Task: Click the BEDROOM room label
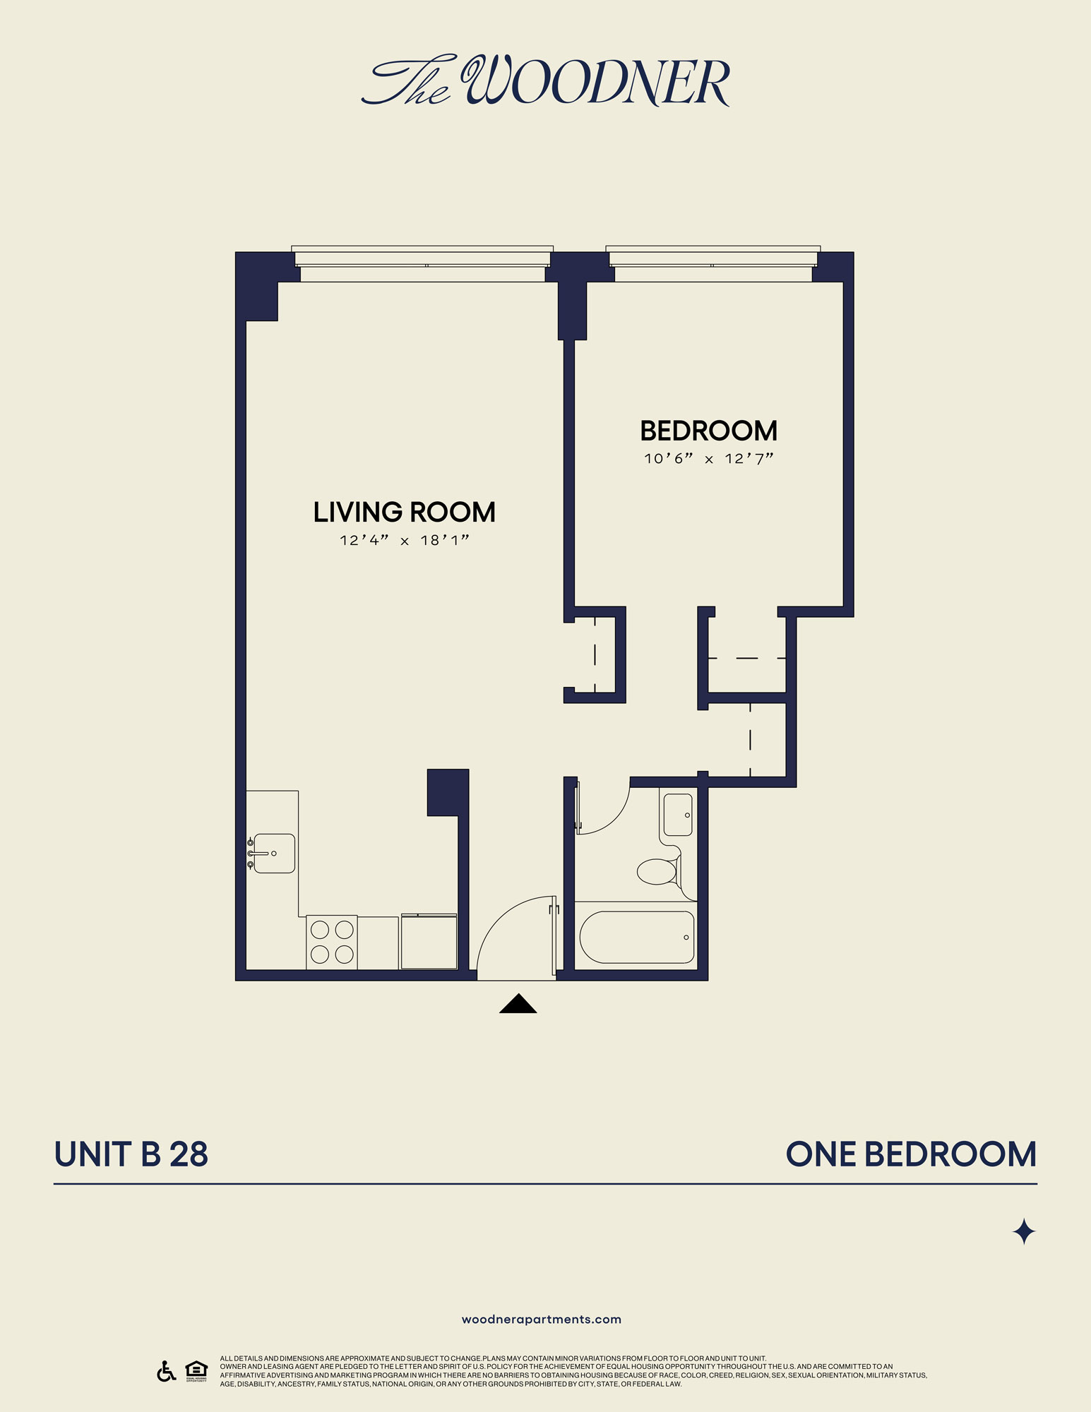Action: tap(708, 431)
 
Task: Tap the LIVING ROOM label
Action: tap(404, 512)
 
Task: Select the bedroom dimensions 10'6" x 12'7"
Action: tap(708, 459)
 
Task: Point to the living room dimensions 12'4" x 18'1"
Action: tap(404, 541)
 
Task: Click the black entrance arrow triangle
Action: tap(518, 1004)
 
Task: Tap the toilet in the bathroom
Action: tap(658, 870)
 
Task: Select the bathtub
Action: tap(636, 938)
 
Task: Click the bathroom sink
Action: tap(678, 815)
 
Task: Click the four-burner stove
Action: tap(332, 942)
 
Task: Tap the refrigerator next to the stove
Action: tap(429, 942)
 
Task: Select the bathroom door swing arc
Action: tap(604, 808)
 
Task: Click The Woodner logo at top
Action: tap(545, 80)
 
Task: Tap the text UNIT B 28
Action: tap(131, 1155)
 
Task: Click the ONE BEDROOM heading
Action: tap(910, 1155)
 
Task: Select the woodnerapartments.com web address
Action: tap(541, 1320)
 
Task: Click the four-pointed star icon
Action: tap(1023, 1232)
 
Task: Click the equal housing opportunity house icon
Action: tap(196, 1369)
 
